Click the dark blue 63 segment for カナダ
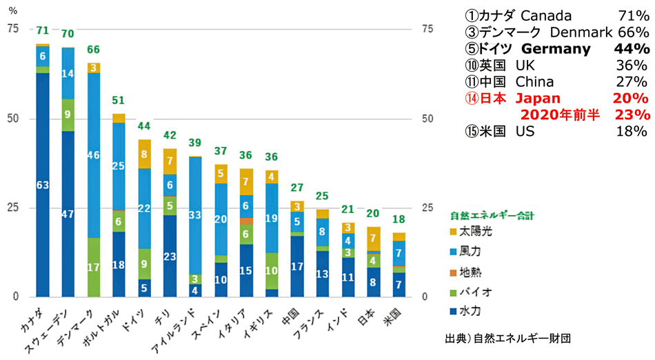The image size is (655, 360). [x=43, y=185]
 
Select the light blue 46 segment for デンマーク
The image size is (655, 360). [x=94, y=155]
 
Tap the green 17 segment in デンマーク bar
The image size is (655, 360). [x=94, y=267]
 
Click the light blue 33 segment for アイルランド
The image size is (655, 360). [x=195, y=215]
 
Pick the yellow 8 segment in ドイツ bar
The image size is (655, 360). [x=144, y=154]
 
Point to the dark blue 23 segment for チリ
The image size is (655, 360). [x=170, y=256]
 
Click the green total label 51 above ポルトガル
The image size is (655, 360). [x=119, y=100]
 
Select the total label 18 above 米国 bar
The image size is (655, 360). [x=399, y=219]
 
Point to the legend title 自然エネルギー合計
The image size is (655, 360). [x=492, y=215]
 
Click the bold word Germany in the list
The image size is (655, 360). [x=556, y=49]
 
